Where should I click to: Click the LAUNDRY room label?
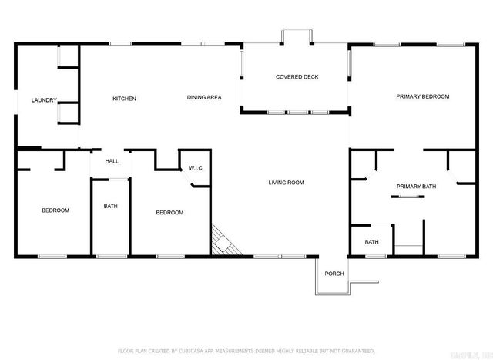coord(44,100)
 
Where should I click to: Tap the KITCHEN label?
coord(124,99)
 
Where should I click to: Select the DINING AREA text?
coord(204,98)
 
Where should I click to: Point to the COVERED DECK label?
coord(297,77)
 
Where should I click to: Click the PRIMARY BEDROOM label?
coord(422,97)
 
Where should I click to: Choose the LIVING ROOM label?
coord(286,183)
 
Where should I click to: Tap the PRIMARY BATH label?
coord(416,187)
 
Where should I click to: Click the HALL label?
coord(112,161)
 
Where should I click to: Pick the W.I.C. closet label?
coord(195,168)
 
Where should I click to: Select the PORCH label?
coord(334,274)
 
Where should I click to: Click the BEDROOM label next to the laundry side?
coord(55,210)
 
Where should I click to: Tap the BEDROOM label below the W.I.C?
coord(169,213)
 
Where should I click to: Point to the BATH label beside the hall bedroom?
coord(110,206)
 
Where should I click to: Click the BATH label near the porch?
coord(371,242)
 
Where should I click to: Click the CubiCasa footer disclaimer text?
coord(246,351)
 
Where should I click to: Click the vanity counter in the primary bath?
coord(407,197)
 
